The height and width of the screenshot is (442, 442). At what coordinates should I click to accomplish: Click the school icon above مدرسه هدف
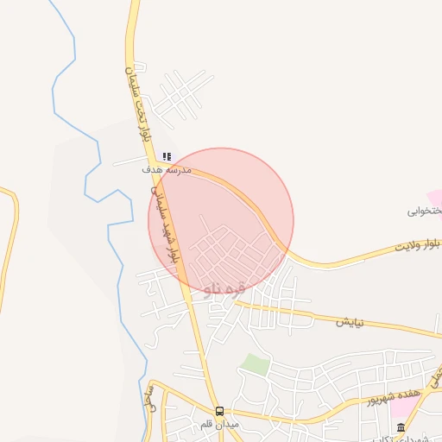167,157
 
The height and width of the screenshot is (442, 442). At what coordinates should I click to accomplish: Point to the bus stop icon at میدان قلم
219,411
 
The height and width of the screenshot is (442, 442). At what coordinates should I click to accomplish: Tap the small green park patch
255,363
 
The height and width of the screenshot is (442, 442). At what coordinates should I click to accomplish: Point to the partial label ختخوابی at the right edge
426,210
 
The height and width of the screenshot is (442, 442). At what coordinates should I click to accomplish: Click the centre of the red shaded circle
220,220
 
